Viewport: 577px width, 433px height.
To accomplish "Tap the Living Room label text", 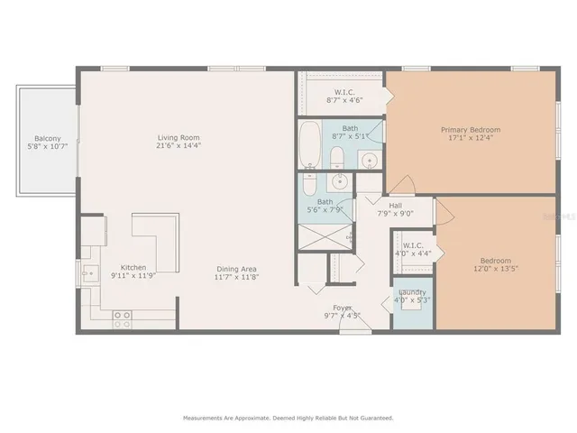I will click(x=178, y=138).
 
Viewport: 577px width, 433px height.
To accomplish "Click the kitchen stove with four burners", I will click(x=122, y=318).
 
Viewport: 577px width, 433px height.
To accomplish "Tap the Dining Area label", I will click(x=238, y=268).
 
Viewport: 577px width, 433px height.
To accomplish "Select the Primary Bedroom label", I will click(x=470, y=130).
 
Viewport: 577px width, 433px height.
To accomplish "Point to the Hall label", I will click(x=395, y=206).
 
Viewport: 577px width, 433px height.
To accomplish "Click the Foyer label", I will click(x=342, y=308).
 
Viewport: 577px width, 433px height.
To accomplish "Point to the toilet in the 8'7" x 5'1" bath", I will click(x=336, y=160).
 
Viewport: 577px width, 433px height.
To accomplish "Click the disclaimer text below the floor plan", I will click(x=288, y=418).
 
